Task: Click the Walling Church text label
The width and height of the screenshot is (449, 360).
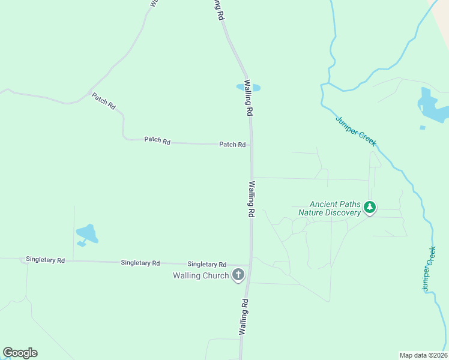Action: point(200,276)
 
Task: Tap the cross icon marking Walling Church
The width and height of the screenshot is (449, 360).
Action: point(238,275)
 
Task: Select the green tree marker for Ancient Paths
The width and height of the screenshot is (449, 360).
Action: point(370,208)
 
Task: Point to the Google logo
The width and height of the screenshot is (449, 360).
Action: point(20,353)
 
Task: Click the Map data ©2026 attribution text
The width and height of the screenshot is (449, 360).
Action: point(423,355)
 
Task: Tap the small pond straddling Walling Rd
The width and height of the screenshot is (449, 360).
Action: point(248,88)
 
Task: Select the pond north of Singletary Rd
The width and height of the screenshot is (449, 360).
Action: point(86,233)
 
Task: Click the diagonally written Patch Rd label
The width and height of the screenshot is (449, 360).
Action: point(104,100)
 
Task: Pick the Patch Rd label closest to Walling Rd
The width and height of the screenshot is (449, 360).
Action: point(232,145)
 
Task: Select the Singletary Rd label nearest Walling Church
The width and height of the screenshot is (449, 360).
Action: point(206,264)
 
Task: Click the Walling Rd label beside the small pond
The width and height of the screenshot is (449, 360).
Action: point(247,98)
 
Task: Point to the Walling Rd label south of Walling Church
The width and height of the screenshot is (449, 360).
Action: point(243,317)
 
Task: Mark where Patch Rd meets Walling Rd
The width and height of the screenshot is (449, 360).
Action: point(251,145)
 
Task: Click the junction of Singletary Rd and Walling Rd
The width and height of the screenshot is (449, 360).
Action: point(250,265)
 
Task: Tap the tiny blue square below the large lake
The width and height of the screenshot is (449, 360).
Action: point(423,127)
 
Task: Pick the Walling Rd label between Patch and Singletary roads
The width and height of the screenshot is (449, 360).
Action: point(251,199)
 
